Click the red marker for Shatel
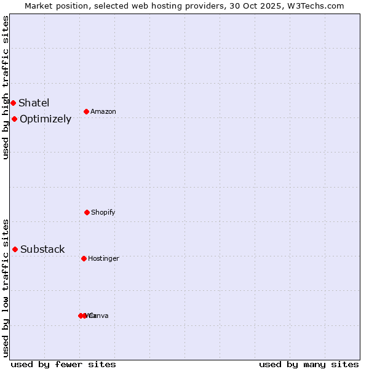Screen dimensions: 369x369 [13, 103]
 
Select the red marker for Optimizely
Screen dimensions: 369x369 [14, 119]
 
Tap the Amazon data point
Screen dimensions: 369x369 [87, 111]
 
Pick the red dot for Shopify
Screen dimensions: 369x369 [87, 212]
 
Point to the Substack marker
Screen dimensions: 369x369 [15, 249]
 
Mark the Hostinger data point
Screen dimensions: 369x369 [84, 258]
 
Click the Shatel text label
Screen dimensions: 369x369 [34, 103]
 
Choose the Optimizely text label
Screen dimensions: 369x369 [46, 119]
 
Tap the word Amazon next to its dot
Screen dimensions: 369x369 [103, 112]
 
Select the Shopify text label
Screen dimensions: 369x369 [103, 213]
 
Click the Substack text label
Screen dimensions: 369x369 [42, 249]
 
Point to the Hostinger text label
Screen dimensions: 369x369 [103, 259]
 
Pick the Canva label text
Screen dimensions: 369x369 [98, 316]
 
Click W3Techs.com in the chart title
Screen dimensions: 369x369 [317, 6]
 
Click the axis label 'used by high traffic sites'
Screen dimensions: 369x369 [6, 87]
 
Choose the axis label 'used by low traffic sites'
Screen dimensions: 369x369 [6, 288]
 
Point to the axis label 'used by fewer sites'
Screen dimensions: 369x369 [63, 364]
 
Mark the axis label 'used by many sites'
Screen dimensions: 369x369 [309, 364]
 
